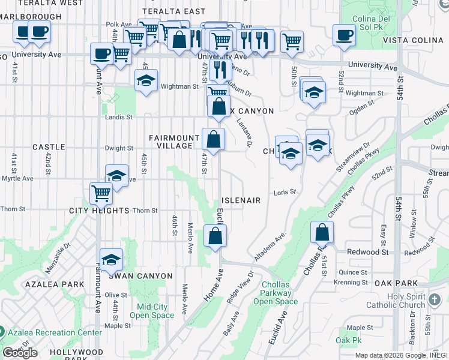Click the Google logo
pos(20,352)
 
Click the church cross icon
pos(436,299)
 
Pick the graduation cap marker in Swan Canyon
pos(111,259)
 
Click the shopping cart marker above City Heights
pos(101,193)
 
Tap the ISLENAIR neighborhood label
pos(241,200)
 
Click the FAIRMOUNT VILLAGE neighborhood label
pos(174,142)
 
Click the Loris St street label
pos(285,192)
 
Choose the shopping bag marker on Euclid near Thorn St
pos(215,235)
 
